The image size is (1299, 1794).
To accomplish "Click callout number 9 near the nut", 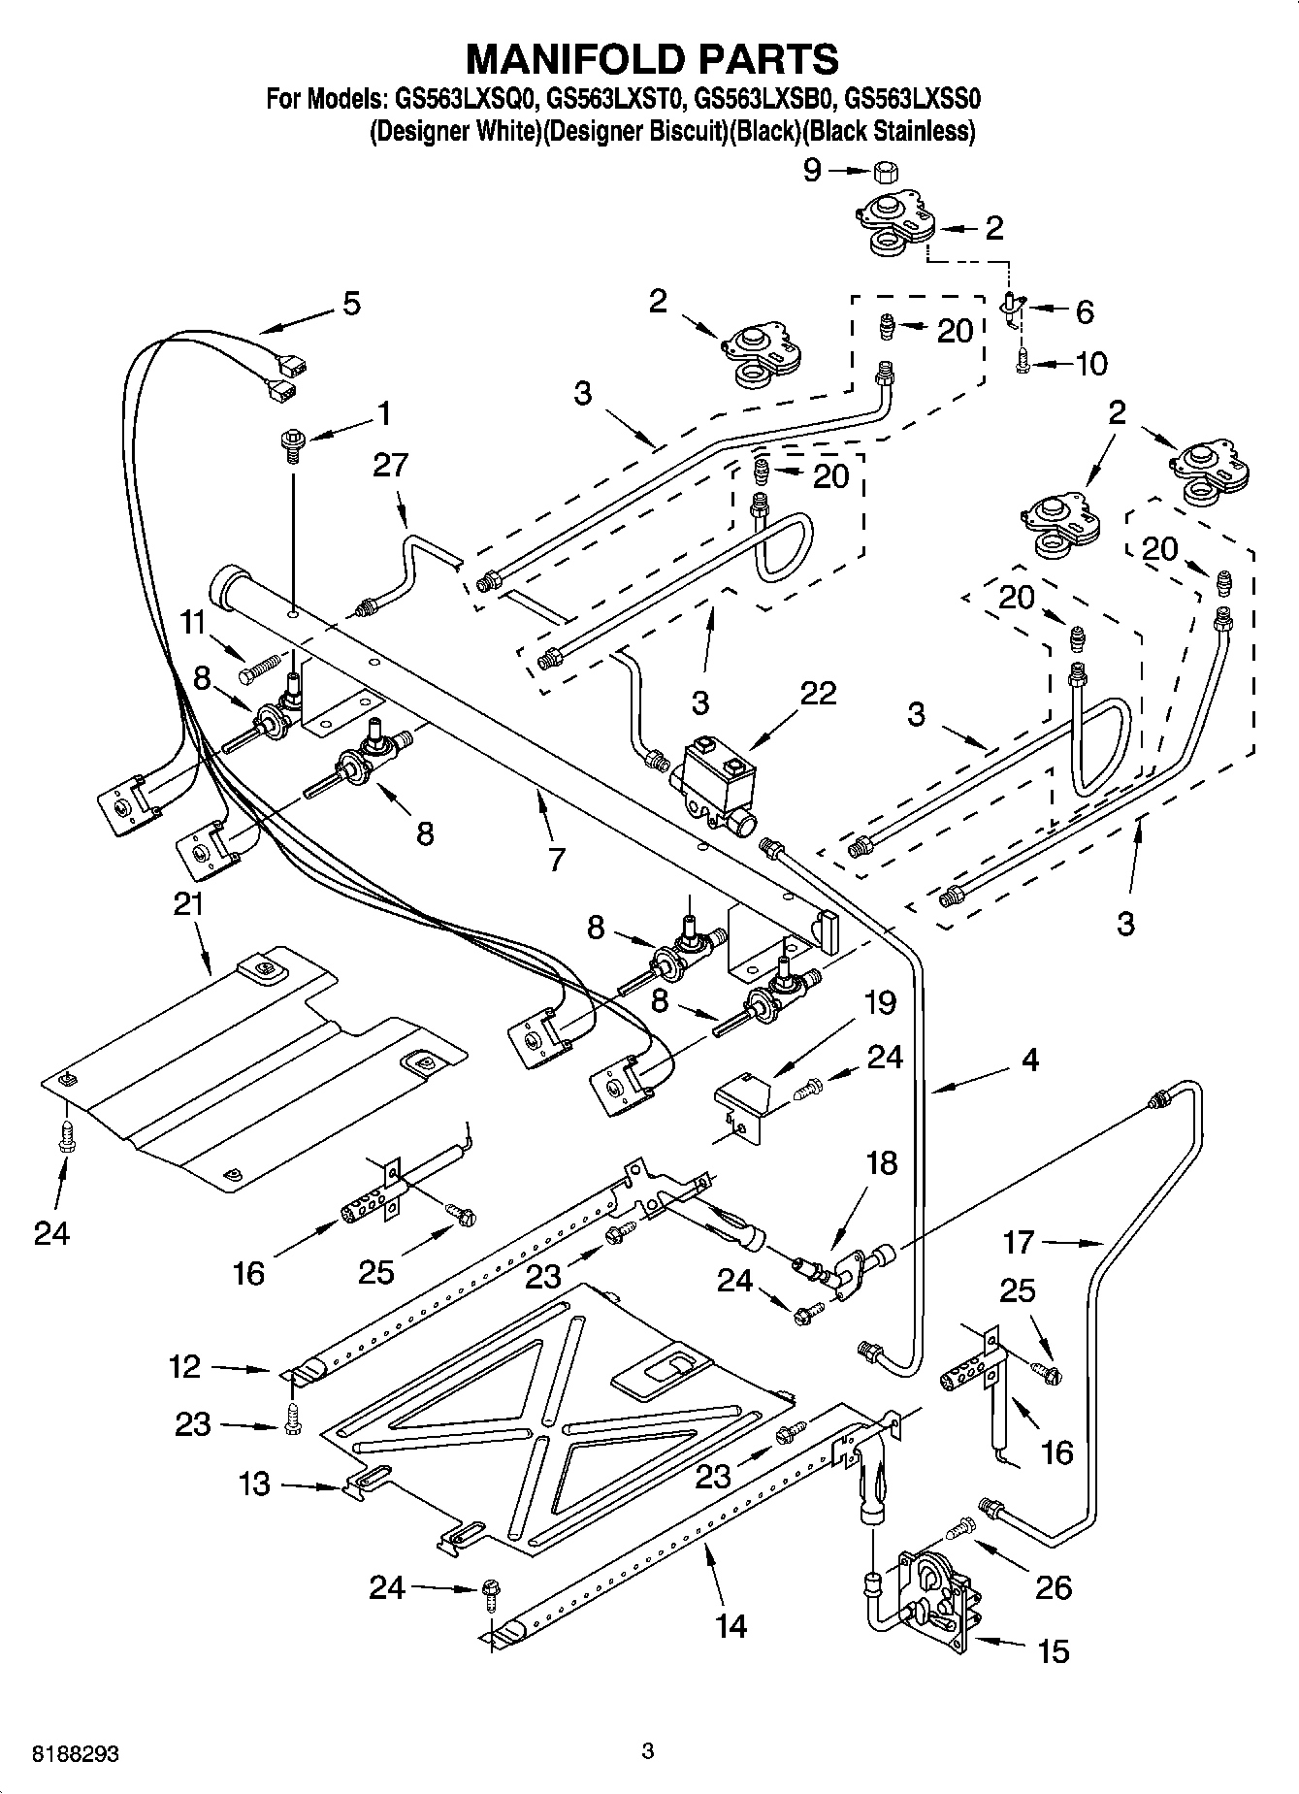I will pyautogui.click(x=812, y=171).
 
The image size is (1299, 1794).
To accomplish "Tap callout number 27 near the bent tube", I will pyautogui.click(x=390, y=465).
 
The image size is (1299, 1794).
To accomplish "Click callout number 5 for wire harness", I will pyautogui.click(x=351, y=303).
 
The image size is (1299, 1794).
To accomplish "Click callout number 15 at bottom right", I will pyautogui.click(x=1054, y=1650).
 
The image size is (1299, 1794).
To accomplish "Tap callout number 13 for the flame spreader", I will pyautogui.click(x=254, y=1484).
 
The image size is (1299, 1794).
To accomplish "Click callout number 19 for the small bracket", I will pyautogui.click(x=880, y=1001).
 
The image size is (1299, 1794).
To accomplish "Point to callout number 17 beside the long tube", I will pyautogui.click(x=1019, y=1241).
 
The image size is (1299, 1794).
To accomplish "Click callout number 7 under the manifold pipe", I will pyautogui.click(x=556, y=859).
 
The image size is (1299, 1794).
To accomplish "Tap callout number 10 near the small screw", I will pyautogui.click(x=1091, y=364).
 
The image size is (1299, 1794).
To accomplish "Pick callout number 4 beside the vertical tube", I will pyautogui.click(x=1029, y=1060).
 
